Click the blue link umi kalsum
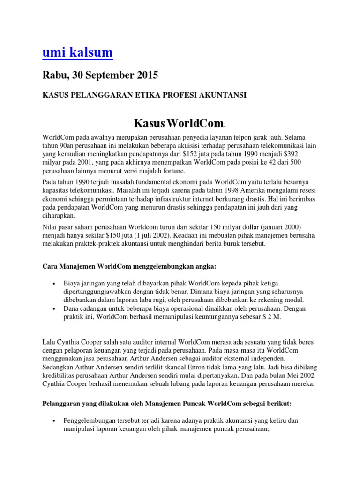(77, 52)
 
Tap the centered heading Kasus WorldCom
(180, 124)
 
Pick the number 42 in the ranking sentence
(249, 162)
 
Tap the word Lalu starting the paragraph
(49, 342)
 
